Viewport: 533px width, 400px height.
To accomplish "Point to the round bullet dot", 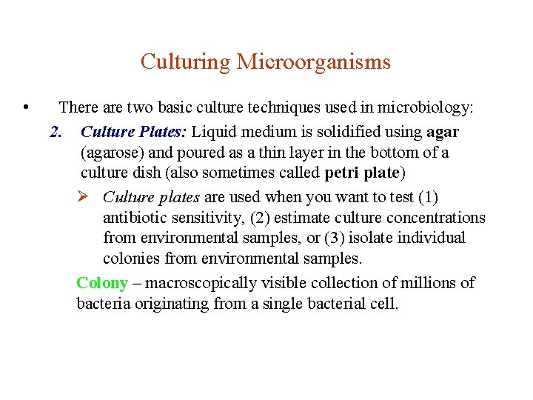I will tap(26, 108).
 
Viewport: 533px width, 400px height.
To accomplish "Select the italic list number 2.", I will tap(55, 133).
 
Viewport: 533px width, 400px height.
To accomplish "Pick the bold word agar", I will tap(443, 133).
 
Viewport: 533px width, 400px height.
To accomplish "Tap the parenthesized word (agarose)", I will tap(113, 153).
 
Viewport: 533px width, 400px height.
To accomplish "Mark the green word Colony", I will tap(102, 283).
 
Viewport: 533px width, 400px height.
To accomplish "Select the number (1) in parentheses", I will tap(428, 197).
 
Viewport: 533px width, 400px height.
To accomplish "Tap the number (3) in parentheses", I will tap(337, 239).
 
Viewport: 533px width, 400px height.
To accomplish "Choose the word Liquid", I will tap(214, 133).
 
